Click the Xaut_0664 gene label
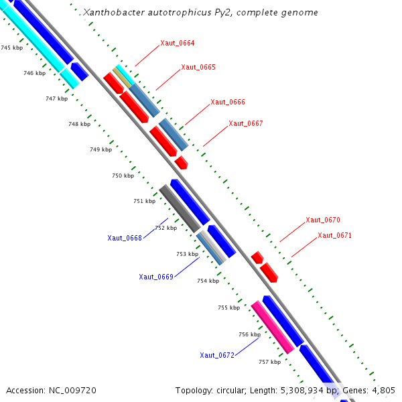(178, 43)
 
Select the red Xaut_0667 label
(246, 123)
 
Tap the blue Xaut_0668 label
(125, 238)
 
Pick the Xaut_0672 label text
(217, 355)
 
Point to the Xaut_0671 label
(334, 235)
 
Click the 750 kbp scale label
(123, 176)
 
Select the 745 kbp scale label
(12, 48)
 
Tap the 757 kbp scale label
(270, 362)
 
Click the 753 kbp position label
(188, 254)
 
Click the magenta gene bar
(273, 327)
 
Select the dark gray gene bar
(180, 208)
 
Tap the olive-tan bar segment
(122, 77)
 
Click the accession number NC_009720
(72, 391)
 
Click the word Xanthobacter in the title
(114, 12)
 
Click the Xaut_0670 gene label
(323, 220)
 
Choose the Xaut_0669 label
(156, 277)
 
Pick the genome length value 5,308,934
(302, 391)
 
